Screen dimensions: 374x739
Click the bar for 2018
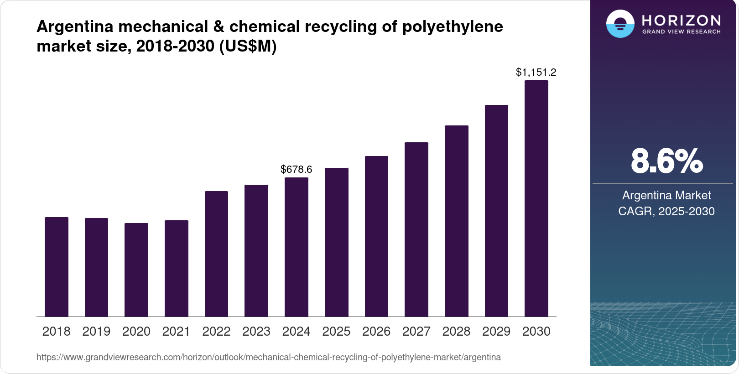coord(57,267)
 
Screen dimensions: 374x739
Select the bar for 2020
coord(136,270)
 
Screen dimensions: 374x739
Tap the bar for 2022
coord(216,254)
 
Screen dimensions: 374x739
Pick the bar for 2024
coord(297,247)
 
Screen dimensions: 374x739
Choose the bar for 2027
coord(416,229)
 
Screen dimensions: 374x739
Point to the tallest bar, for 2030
coord(536,198)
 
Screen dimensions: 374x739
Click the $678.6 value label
coord(297,170)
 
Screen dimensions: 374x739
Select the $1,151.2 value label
coord(536,72)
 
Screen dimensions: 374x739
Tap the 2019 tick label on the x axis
coord(96,332)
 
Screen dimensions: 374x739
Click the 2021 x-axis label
coord(176,332)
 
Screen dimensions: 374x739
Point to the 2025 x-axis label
coord(336,332)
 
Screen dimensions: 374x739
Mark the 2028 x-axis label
coord(456,332)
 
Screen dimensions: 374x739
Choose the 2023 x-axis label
coord(256,332)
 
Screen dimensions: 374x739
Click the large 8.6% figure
coord(667,161)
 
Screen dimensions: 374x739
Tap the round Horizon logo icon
coord(620,24)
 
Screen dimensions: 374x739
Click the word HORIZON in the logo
coord(682,21)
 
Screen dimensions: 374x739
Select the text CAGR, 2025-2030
coord(666,211)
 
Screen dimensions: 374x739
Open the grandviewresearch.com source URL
coord(269,357)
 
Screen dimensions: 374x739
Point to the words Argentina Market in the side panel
coord(666,195)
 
